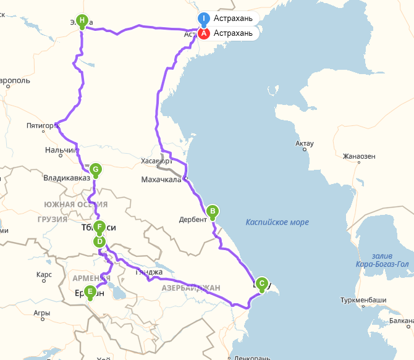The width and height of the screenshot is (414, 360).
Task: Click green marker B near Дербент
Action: [213, 211]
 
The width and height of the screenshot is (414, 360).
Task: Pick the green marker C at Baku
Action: [261, 283]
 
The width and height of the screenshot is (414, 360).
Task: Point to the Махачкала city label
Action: [161, 180]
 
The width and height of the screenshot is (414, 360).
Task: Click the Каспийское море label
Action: [277, 222]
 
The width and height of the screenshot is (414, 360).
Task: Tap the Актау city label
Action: [305, 144]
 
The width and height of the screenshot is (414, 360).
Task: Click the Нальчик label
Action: [60, 150]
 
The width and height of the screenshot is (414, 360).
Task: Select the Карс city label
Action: [44, 274]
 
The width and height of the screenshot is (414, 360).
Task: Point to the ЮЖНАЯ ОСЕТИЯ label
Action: [75, 204]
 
